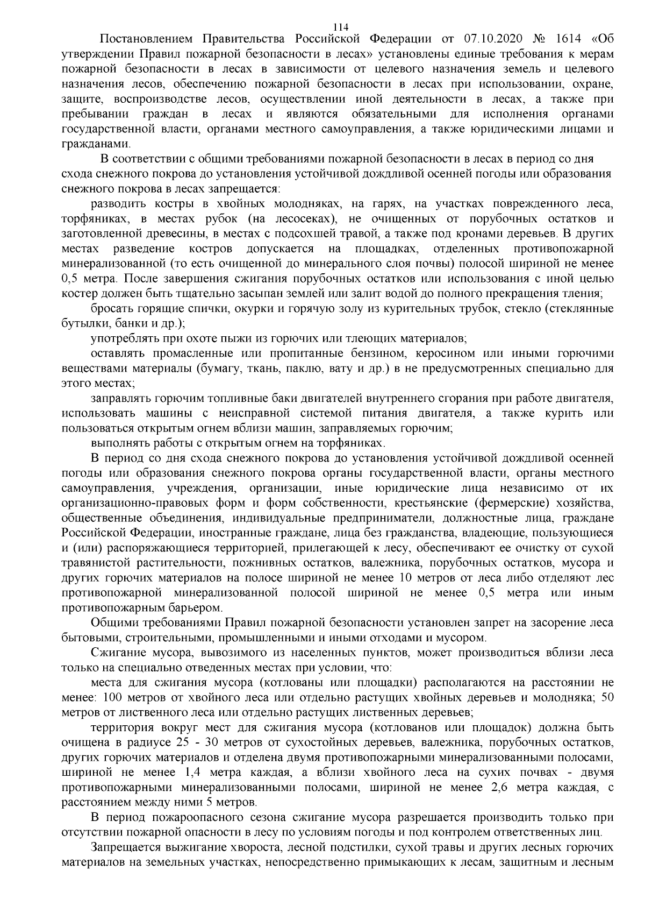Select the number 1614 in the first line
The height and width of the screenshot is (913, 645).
(571, 40)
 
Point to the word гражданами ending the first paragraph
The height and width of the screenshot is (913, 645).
(96, 144)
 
